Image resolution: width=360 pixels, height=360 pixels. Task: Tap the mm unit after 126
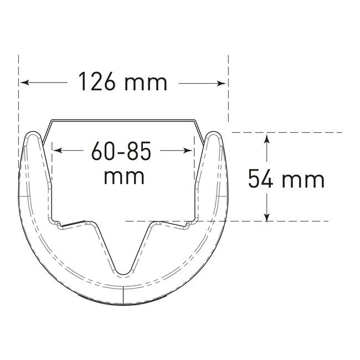(x=146, y=83)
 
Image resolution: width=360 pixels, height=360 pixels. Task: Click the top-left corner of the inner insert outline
(x=52, y=120)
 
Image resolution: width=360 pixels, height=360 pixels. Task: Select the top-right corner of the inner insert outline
(x=194, y=120)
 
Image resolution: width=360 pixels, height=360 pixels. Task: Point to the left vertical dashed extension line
(x=19, y=100)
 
